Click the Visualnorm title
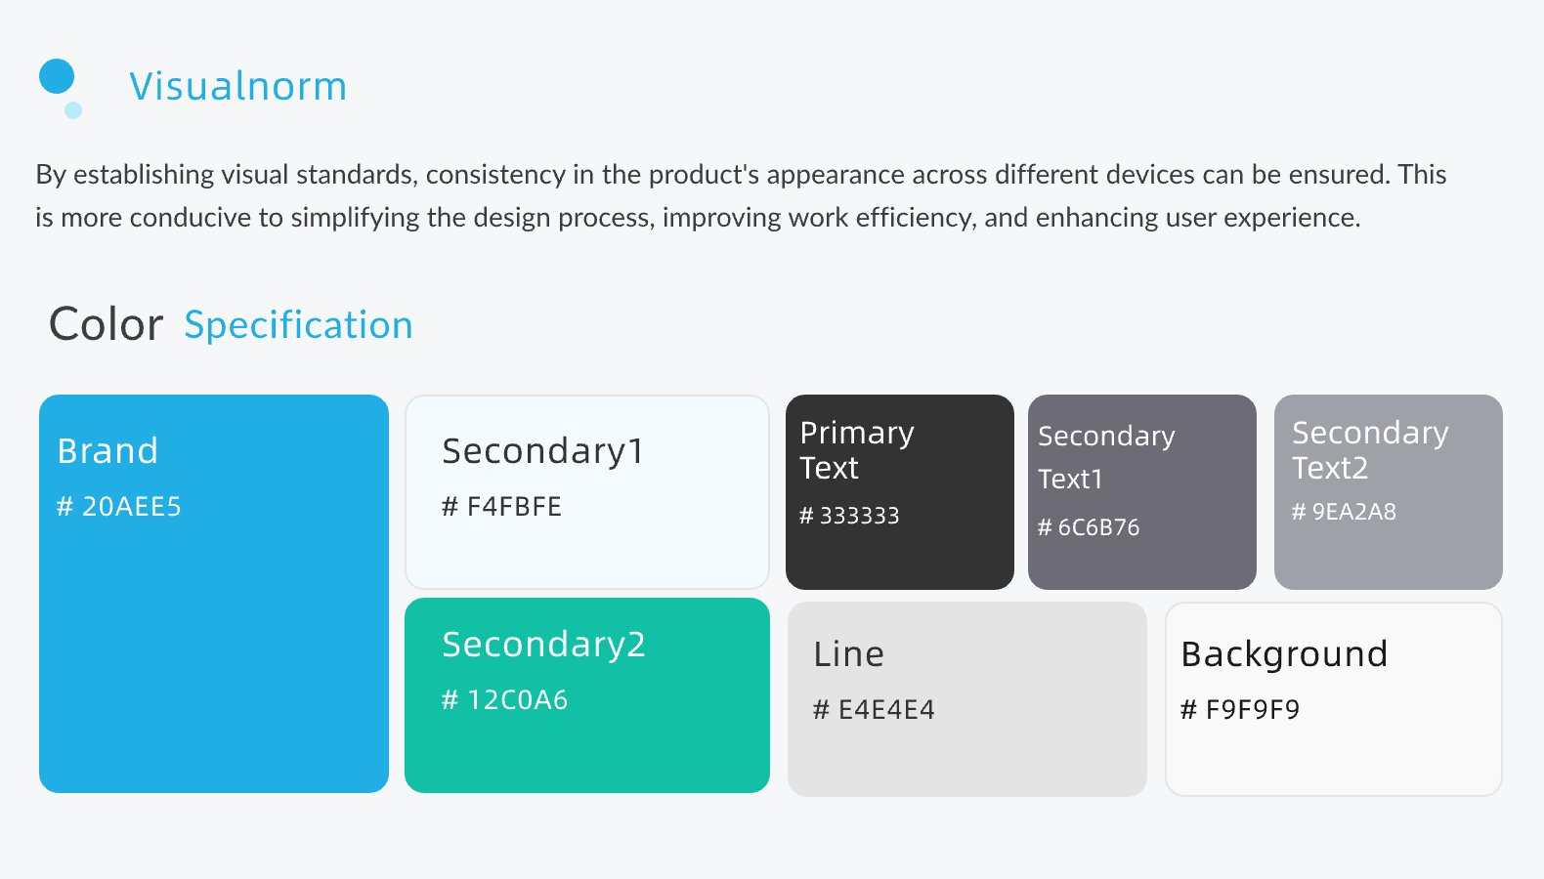coord(237,86)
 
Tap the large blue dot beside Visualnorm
coord(57,76)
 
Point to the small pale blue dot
coord(73,110)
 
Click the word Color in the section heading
coord(106,324)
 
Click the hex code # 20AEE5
coord(118,506)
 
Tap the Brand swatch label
coord(107,451)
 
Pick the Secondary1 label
coord(542,452)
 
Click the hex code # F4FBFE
coord(501,506)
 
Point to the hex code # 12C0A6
coord(504,700)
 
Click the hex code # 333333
coord(849,516)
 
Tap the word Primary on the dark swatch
coord(857,434)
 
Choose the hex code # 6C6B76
coord(1089,527)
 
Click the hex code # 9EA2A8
coord(1344,511)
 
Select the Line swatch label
coord(848,654)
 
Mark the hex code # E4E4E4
coord(874,709)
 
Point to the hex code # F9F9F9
coord(1240,709)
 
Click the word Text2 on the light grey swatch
coord(1330,469)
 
